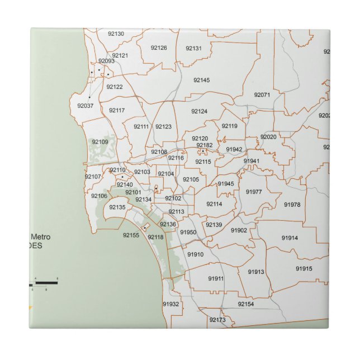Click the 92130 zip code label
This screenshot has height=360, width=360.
click(x=116, y=34)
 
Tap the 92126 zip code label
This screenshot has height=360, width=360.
click(x=159, y=48)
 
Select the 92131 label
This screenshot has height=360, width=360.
click(x=193, y=49)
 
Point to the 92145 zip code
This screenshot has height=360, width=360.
click(x=202, y=80)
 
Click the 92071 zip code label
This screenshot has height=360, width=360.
click(x=262, y=95)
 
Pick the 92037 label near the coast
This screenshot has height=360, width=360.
click(x=86, y=106)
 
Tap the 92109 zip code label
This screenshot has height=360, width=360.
click(x=100, y=142)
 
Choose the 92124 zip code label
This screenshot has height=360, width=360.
click(x=199, y=112)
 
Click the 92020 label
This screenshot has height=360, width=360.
click(x=268, y=137)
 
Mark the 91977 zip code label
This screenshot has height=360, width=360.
click(x=254, y=192)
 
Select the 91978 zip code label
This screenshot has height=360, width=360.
click(x=292, y=205)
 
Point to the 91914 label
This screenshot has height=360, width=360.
click(x=290, y=238)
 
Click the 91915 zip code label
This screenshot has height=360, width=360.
click(x=304, y=269)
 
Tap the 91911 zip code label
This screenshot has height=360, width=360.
click(x=216, y=278)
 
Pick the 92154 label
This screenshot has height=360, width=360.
click(x=245, y=304)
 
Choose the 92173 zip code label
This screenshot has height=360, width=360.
click(x=217, y=320)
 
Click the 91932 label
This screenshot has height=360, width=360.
click(x=171, y=304)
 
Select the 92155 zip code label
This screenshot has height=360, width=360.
click(x=131, y=236)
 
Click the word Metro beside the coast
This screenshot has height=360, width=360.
click(x=40, y=237)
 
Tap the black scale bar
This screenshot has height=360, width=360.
click(x=49, y=283)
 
